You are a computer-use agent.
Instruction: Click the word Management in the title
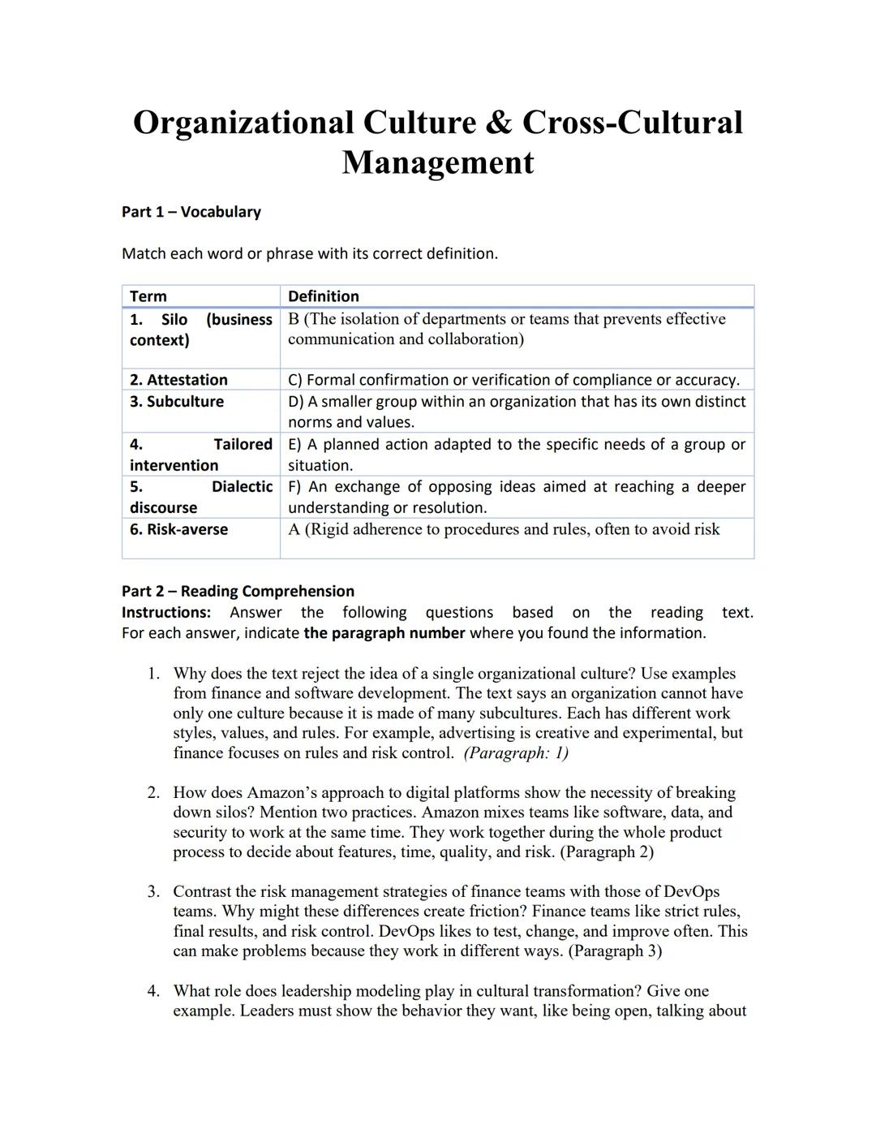point(437,162)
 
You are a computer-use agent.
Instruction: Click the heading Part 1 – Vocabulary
point(191,212)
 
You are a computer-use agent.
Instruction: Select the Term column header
point(148,296)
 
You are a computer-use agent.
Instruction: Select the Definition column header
point(323,296)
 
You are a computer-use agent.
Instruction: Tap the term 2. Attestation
point(178,380)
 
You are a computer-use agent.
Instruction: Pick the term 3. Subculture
point(176,402)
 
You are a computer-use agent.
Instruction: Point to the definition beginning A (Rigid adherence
point(504,529)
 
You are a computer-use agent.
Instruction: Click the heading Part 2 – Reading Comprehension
point(238,591)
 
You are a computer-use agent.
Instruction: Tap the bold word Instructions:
point(166,612)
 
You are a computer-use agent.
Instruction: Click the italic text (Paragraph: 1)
point(516,752)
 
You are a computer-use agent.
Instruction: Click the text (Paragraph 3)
point(615,951)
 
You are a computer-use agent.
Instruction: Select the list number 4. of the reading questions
point(153,991)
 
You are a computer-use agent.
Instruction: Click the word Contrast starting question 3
point(206,891)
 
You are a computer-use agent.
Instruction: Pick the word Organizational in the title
point(243,123)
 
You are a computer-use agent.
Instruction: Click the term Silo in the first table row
point(174,319)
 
